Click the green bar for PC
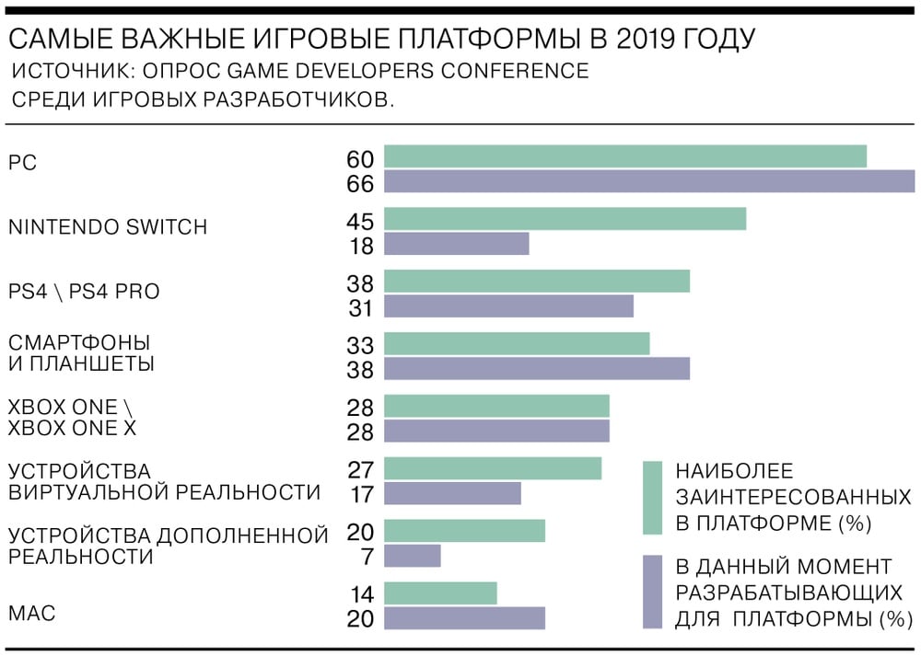625,157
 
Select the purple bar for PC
649,182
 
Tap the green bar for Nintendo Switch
565,219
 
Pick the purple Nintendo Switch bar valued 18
456,244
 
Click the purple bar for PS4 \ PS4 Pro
508,306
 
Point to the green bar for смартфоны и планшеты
517,344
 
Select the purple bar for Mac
464,618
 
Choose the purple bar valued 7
412,556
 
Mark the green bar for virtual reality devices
493,468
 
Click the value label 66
360,184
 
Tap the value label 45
360,221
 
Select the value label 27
360,469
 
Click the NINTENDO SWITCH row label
108,227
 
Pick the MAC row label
32,613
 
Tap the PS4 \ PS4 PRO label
84,292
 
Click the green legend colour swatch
652,498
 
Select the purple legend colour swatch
652,592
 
